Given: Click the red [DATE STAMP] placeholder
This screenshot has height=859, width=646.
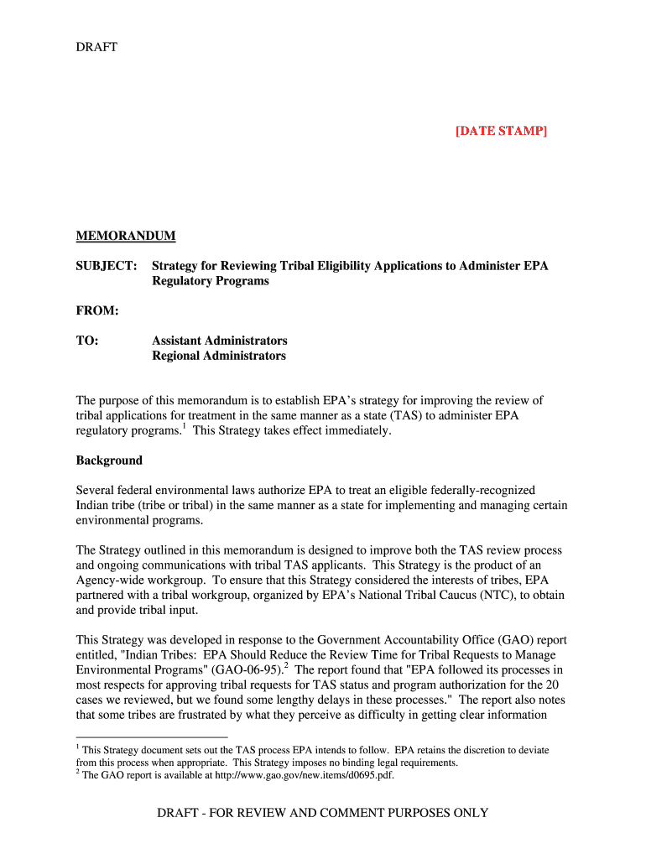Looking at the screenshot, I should [501, 131].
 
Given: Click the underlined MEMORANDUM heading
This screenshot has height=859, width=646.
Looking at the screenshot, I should [126, 236].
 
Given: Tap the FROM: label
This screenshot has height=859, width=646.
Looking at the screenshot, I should [97, 311].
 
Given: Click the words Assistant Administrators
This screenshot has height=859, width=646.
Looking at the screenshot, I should [220, 341].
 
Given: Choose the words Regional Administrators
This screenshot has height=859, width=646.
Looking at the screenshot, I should [219, 356].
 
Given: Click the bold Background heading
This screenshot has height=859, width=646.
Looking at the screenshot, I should [109, 461].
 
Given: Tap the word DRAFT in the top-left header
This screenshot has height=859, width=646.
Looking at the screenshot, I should [96, 47].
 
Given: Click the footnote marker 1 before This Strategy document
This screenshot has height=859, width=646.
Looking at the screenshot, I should [78, 747].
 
